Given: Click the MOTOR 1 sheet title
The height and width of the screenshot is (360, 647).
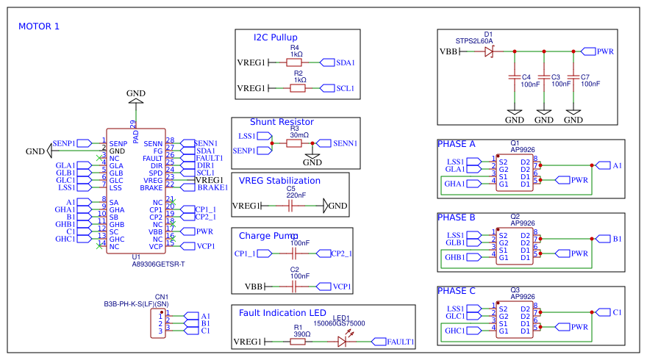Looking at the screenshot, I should tap(38, 26).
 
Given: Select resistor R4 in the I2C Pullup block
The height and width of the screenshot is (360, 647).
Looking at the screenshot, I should tap(297, 62).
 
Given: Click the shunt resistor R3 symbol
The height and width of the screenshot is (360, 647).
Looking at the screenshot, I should tap(293, 143).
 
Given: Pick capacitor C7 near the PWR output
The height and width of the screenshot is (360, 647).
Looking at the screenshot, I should tap(573, 77).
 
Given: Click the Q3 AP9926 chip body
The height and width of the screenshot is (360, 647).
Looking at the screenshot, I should tap(514, 320).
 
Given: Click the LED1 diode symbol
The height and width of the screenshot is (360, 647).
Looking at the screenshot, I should tap(343, 342).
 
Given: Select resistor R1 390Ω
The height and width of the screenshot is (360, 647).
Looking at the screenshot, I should tap(298, 342).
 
